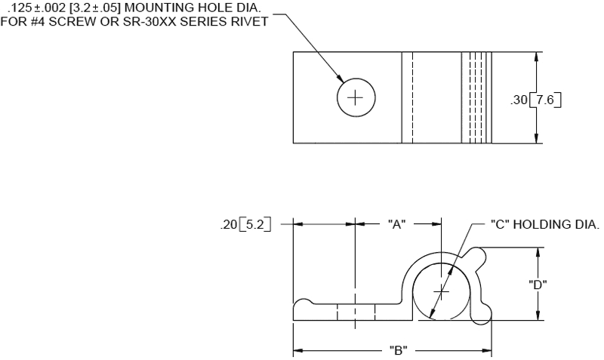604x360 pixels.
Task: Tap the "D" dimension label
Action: (x=538, y=284)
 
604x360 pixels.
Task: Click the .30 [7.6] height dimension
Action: (x=538, y=97)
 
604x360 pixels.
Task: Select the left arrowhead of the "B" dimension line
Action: (x=297, y=350)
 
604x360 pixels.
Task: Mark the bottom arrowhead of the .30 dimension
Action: (x=538, y=139)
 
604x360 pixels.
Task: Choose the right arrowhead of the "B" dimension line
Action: (x=488, y=350)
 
